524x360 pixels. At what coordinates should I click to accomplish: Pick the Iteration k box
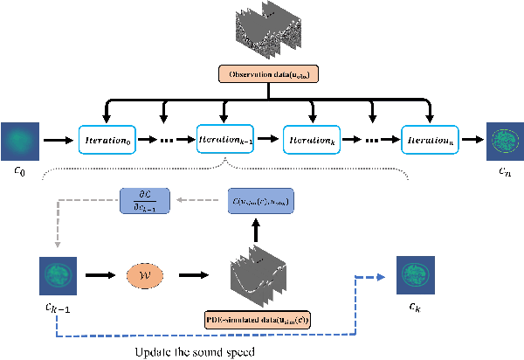point(311,138)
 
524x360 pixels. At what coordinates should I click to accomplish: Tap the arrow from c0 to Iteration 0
point(59,139)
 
